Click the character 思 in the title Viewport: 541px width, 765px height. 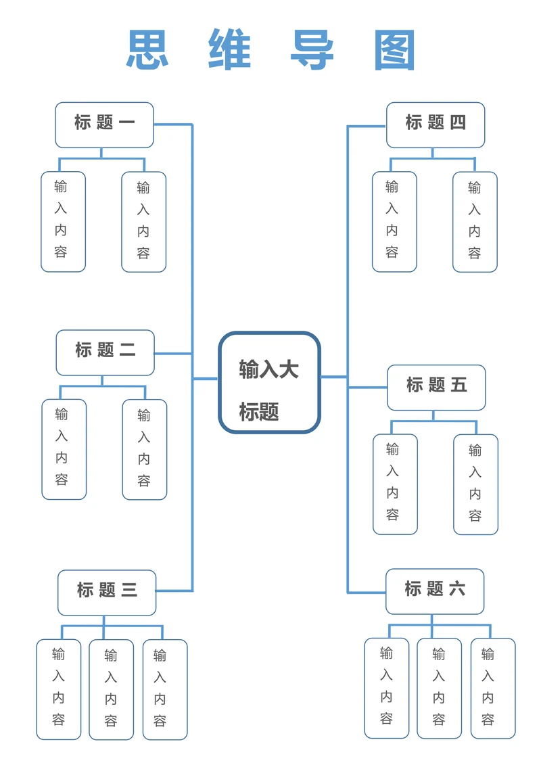coord(147,49)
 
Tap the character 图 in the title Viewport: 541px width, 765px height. coord(394,49)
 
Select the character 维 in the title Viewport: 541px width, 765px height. coord(230,49)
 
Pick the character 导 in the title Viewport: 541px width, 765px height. coord(312,49)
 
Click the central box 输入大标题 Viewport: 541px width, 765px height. coord(269,382)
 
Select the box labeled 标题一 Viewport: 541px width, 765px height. coord(104,124)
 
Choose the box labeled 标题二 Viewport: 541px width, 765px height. coord(105,352)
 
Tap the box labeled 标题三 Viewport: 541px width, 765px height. coord(107,592)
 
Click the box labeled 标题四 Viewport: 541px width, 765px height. coord(436,124)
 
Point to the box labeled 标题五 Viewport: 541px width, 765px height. coord(436,387)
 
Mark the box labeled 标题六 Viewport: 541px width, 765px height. coord(435,590)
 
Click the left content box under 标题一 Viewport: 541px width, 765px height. coord(63,221)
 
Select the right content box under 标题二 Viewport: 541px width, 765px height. coord(144,449)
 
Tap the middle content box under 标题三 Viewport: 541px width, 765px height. coord(111,689)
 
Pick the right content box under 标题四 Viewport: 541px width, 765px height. coord(475,221)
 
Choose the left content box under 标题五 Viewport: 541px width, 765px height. coord(395,484)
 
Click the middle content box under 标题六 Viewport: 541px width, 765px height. coord(439,688)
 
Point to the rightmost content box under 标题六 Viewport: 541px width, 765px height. coord(492,688)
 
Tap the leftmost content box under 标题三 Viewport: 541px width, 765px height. coord(59,689)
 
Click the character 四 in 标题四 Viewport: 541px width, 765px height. coord(458,122)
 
